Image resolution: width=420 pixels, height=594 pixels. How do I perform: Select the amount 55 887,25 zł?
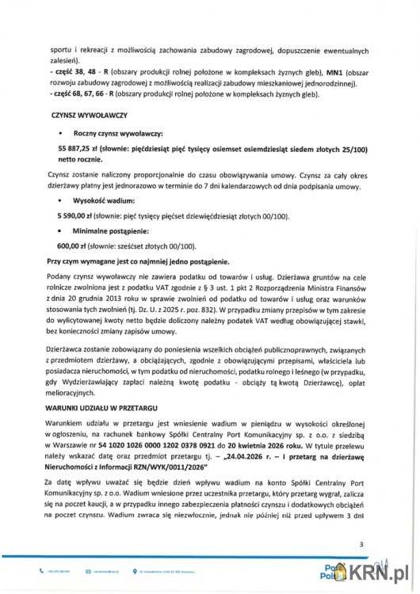82,149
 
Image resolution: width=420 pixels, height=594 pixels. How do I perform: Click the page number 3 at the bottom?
361,544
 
